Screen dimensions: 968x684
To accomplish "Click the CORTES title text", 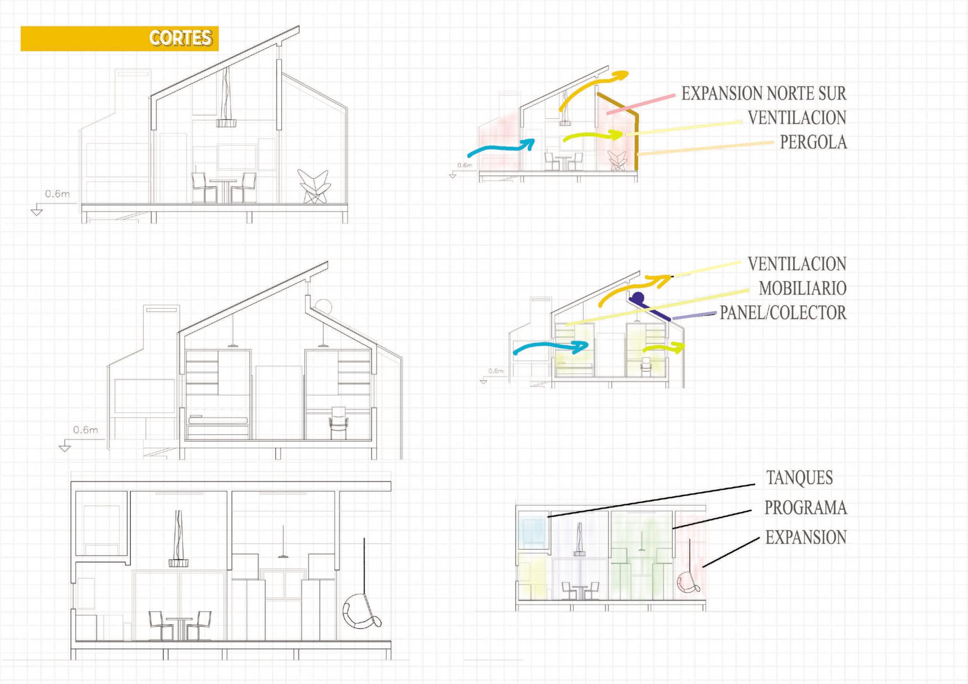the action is [x=181, y=38].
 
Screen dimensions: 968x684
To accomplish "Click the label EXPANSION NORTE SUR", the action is [x=763, y=94].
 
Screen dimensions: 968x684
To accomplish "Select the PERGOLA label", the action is [x=813, y=142].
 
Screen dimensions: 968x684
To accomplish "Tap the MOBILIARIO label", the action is [x=802, y=288].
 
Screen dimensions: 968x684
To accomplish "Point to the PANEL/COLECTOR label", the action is [x=783, y=313].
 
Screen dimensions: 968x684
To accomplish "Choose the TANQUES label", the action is [x=799, y=478].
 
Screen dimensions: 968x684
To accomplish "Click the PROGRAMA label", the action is [x=805, y=508].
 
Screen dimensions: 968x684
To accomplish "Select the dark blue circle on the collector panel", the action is [x=638, y=298].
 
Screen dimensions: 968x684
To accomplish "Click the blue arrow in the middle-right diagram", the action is [x=551, y=348].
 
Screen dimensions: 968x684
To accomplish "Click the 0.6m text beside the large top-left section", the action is [x=57, y=194].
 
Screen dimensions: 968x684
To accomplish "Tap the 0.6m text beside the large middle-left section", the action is [x=86, y=430].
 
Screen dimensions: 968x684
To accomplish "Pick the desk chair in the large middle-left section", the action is [x=338, y=423].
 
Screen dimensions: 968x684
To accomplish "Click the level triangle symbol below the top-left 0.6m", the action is [x=36, y=212].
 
